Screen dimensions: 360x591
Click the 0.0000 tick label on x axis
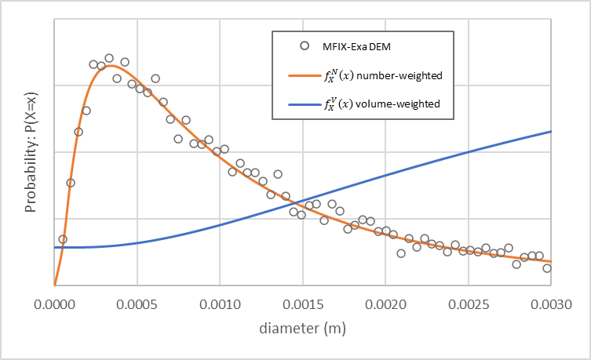(53, 300)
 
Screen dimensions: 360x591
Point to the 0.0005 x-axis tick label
(137, 300)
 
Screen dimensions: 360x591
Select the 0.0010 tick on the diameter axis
(220, 300)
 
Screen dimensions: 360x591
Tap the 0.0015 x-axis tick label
(303, 300)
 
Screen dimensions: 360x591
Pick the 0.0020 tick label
(386, 300)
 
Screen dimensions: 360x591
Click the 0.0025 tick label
(469, 300)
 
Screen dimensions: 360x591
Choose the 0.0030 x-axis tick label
(552, 300)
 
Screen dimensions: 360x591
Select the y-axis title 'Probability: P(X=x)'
(31, 151)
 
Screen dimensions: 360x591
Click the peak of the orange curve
(111, 65)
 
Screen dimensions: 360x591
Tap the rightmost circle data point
(547, 268)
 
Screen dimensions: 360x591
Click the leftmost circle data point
(63, 239)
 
